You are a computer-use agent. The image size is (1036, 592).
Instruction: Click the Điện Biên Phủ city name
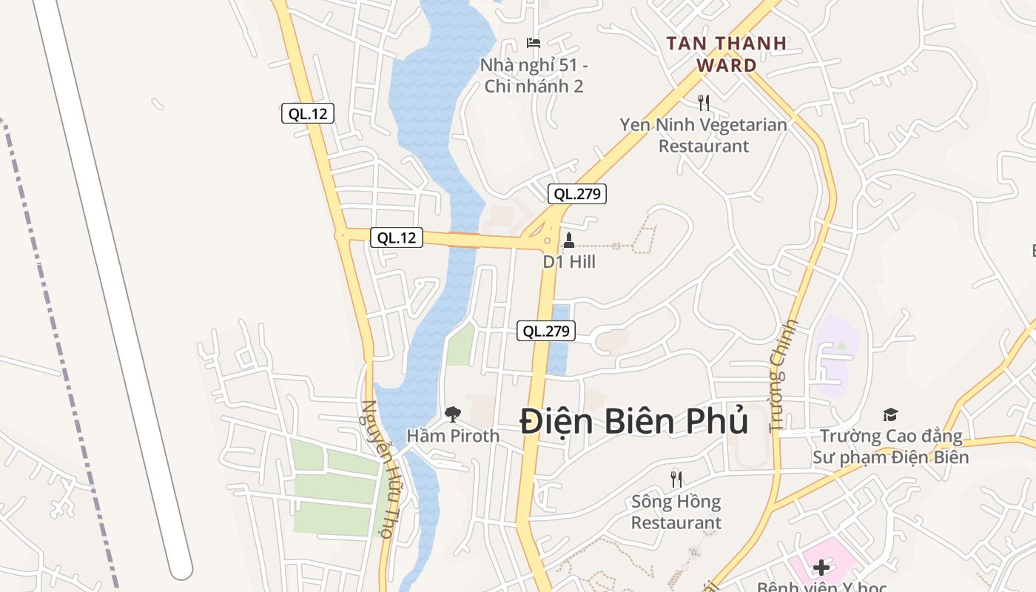click(633, 422)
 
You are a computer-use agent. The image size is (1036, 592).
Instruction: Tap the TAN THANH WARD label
click(726, 54)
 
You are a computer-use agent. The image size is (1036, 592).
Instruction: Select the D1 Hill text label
click(569, 262)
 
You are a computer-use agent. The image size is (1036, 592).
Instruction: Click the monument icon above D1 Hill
click(569, 240)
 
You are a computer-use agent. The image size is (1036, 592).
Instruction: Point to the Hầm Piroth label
click(453, 436)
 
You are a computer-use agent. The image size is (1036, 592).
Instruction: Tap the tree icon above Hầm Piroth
click(452, 414)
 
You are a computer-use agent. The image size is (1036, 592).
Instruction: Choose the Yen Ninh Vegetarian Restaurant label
click(704, 135)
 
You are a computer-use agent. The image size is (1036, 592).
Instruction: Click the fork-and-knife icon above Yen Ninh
click(704, 103)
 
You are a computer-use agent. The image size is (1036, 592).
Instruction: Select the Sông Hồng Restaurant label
click(676, 512)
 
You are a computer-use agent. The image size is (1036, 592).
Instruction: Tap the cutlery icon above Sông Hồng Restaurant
click(676, 479)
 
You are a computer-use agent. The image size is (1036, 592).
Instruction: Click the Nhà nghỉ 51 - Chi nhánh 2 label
click(534, 75)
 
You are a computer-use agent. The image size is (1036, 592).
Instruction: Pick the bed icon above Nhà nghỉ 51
click(534, 43)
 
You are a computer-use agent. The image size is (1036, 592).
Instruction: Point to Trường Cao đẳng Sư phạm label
click(890, 447)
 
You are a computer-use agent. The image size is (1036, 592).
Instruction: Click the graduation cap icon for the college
click(890, 415)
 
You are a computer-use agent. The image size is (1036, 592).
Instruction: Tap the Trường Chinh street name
click(784, 375)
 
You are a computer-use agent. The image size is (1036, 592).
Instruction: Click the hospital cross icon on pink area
click(821, 568)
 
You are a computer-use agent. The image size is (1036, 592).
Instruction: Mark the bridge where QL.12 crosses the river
click(463, 240)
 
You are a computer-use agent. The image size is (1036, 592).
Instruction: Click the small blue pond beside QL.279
click(559, 340)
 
